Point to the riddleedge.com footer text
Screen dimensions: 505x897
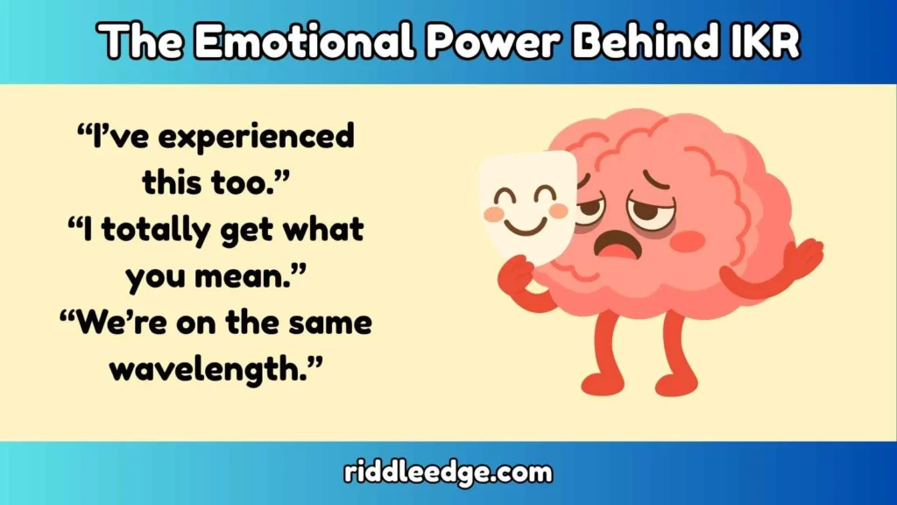coord(448,473)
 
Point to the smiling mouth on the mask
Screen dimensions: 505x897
coord(526,226)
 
